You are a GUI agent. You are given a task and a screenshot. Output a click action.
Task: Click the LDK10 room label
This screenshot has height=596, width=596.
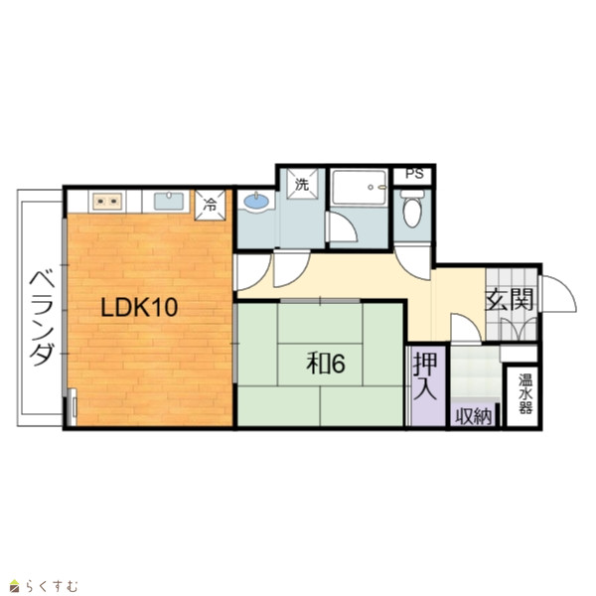tap(139, 308)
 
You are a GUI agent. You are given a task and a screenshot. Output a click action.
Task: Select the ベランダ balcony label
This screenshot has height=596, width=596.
tap(42, 318)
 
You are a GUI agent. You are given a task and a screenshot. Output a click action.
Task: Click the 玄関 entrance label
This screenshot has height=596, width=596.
tap(511, 300)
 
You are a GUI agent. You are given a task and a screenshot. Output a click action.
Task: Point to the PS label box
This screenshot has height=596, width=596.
tap(414, 174)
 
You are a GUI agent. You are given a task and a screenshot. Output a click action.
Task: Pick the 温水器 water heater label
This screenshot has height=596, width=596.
tap(525, 393)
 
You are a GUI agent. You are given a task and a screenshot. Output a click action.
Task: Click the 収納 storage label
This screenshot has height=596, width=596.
tap(473, 416)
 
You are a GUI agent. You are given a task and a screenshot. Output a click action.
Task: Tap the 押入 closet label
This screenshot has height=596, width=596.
tap(425, 375)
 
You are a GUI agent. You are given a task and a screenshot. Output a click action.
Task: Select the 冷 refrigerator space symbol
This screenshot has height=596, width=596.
tap(210, 205)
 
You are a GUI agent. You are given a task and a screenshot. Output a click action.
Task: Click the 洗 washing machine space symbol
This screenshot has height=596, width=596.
tap(302, 185)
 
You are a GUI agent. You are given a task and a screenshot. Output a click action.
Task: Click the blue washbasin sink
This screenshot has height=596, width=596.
tap(256, 202)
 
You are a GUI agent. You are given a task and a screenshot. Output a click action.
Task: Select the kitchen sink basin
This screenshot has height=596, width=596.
tap(169, 201)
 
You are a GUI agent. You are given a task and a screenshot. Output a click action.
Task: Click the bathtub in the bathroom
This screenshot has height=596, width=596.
tap(360, 188)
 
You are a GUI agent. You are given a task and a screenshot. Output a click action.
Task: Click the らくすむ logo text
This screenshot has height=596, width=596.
tap(52, 586)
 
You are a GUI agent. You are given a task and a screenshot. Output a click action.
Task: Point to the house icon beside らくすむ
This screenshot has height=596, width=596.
tap(14, 586)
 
